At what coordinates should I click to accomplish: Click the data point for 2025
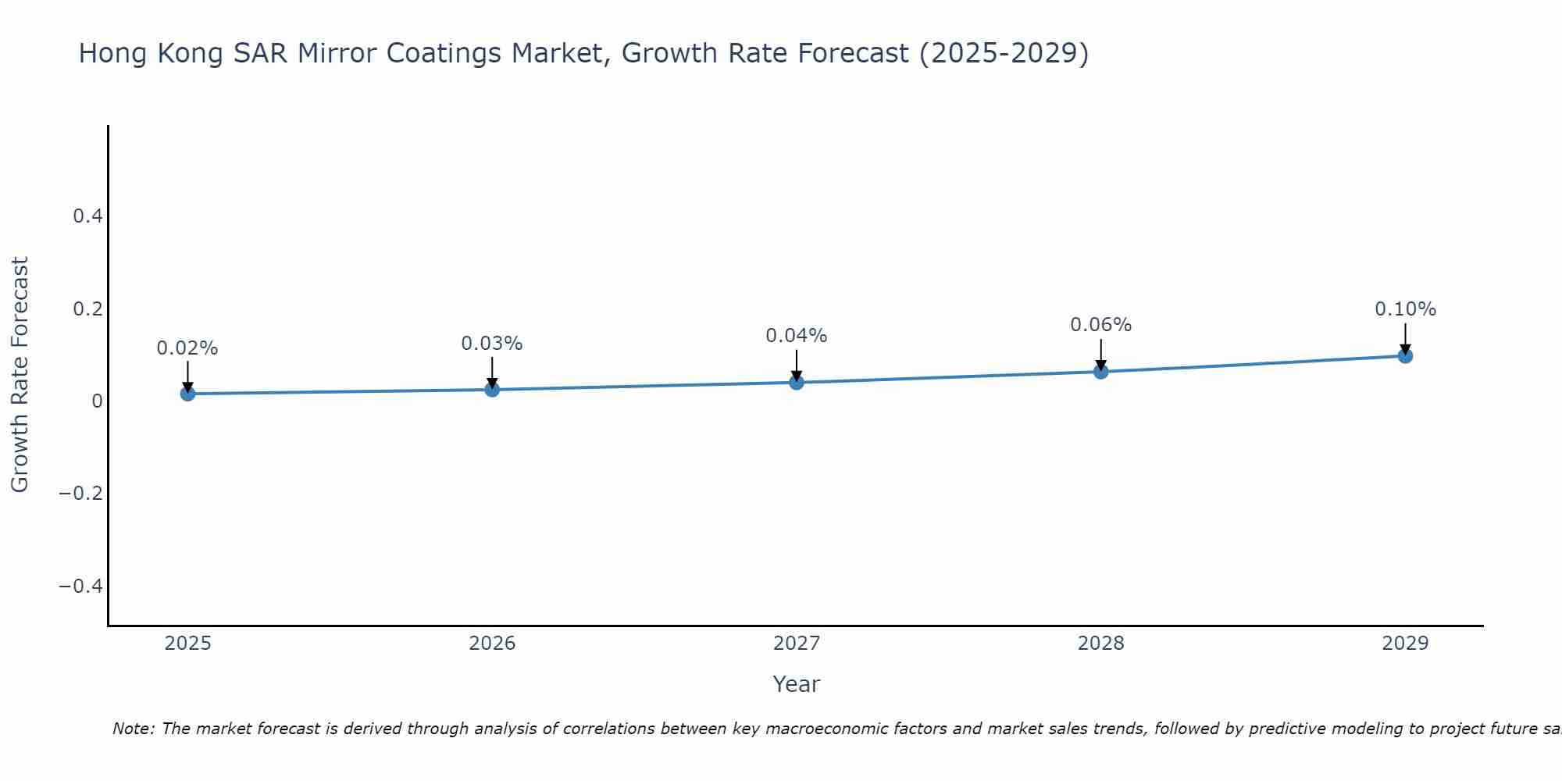tap(187, 394)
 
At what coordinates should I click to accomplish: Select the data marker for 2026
tap(492, 389)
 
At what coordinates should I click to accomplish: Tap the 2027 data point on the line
tap(797, 382)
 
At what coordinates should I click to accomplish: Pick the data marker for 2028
tap(1101, 372)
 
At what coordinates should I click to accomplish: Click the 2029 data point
tap(1405, 356)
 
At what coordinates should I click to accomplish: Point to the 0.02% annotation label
tap(187, 348)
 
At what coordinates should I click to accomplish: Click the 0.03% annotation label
tap(492, 344)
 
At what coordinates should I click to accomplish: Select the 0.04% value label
tap(797, 336)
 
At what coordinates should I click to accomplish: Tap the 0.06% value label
tap(1101, 325)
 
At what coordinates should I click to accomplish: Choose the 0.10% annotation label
tap(1405, 309)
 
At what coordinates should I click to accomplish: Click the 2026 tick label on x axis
tap(492, 644)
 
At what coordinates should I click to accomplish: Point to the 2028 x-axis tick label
tap(1101, 644)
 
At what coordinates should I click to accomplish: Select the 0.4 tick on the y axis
tap(87, 216)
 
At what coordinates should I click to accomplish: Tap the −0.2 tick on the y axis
tap(81, 494)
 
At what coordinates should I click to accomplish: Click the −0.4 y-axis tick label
tap(81, 587)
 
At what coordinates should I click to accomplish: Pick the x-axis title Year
tap(796, 684)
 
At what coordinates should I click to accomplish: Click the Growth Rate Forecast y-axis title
tap(20, 375)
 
